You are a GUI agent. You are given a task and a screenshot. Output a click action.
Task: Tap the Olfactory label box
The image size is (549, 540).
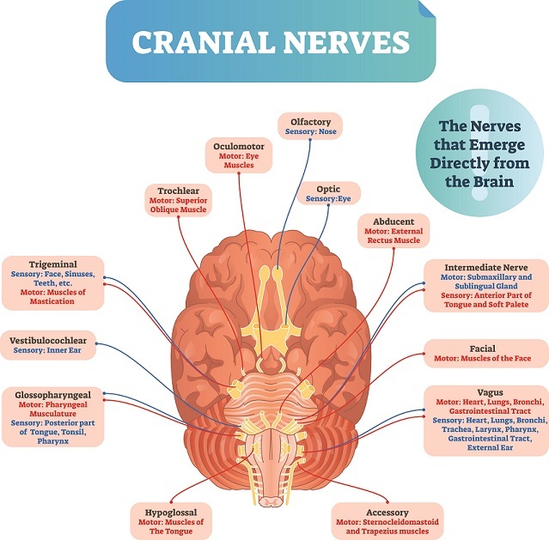click(310, 127)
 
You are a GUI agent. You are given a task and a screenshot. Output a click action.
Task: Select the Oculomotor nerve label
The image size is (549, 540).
click(239, 155)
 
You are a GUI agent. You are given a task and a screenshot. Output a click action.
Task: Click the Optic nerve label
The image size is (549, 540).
click(327, 192)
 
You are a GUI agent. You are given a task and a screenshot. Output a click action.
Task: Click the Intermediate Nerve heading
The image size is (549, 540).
click(487, 268)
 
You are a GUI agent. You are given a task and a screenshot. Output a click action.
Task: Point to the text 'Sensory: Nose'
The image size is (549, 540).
click(310, 133)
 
